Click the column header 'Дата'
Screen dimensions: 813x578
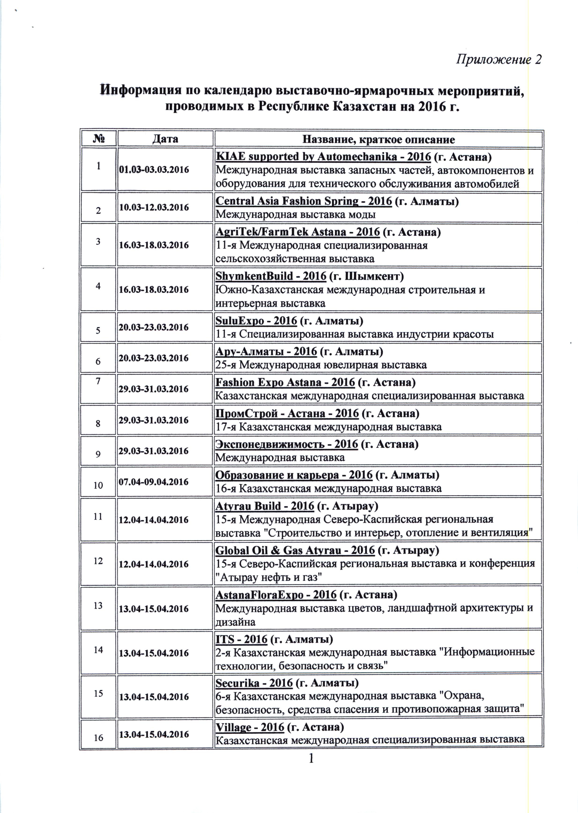(165, 139)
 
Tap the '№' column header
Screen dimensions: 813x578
(99, 139)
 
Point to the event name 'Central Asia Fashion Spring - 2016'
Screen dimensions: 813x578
(304, 201)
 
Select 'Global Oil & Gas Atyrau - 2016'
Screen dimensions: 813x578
(295, 550)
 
